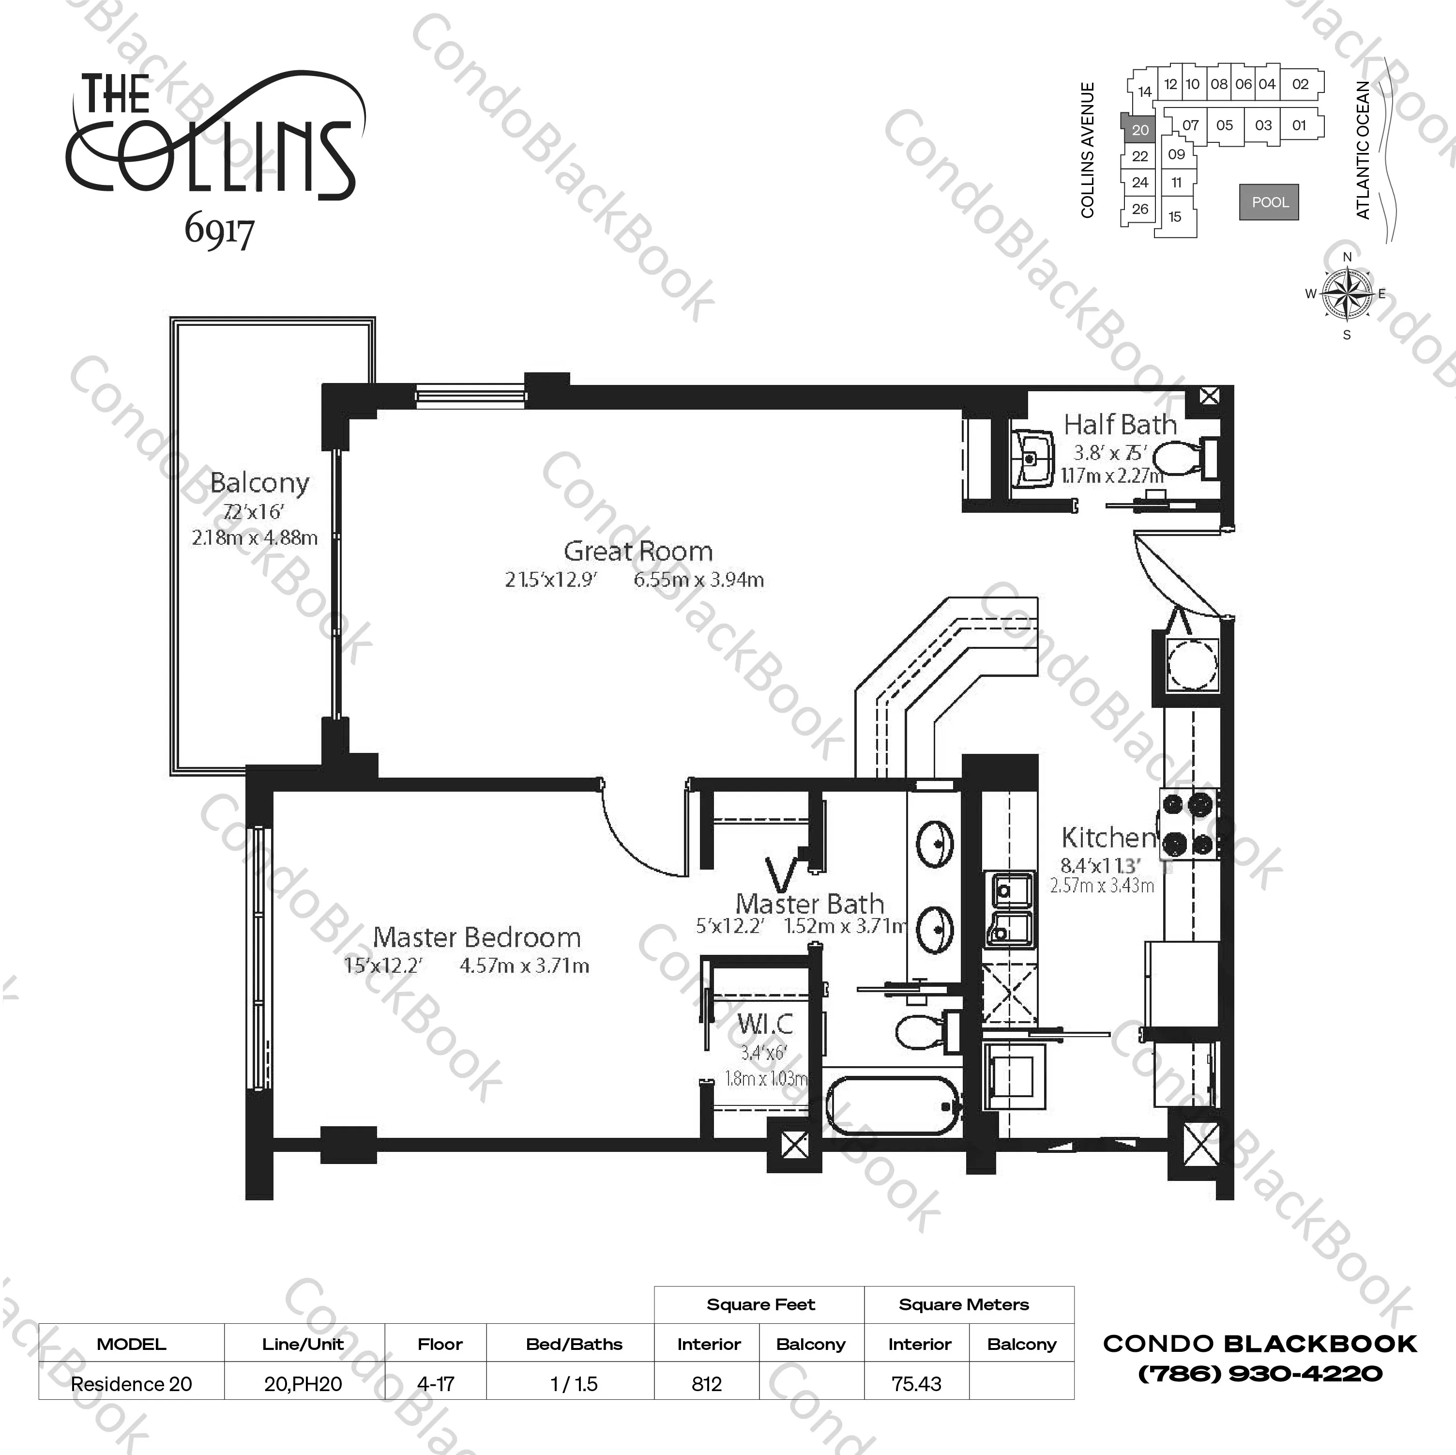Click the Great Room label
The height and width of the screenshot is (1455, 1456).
[637, 551]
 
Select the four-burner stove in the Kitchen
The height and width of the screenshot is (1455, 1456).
[1190, 824]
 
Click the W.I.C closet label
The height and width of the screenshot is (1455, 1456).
[765, 1023]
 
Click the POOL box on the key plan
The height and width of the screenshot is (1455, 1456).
[1270, 202]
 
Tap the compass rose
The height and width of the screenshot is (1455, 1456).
[1348, 293]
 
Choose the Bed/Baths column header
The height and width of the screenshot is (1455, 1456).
[574, 1344]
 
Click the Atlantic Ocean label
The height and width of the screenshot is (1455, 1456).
[1363, 150]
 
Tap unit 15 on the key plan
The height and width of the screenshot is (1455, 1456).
[1175, 217]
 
